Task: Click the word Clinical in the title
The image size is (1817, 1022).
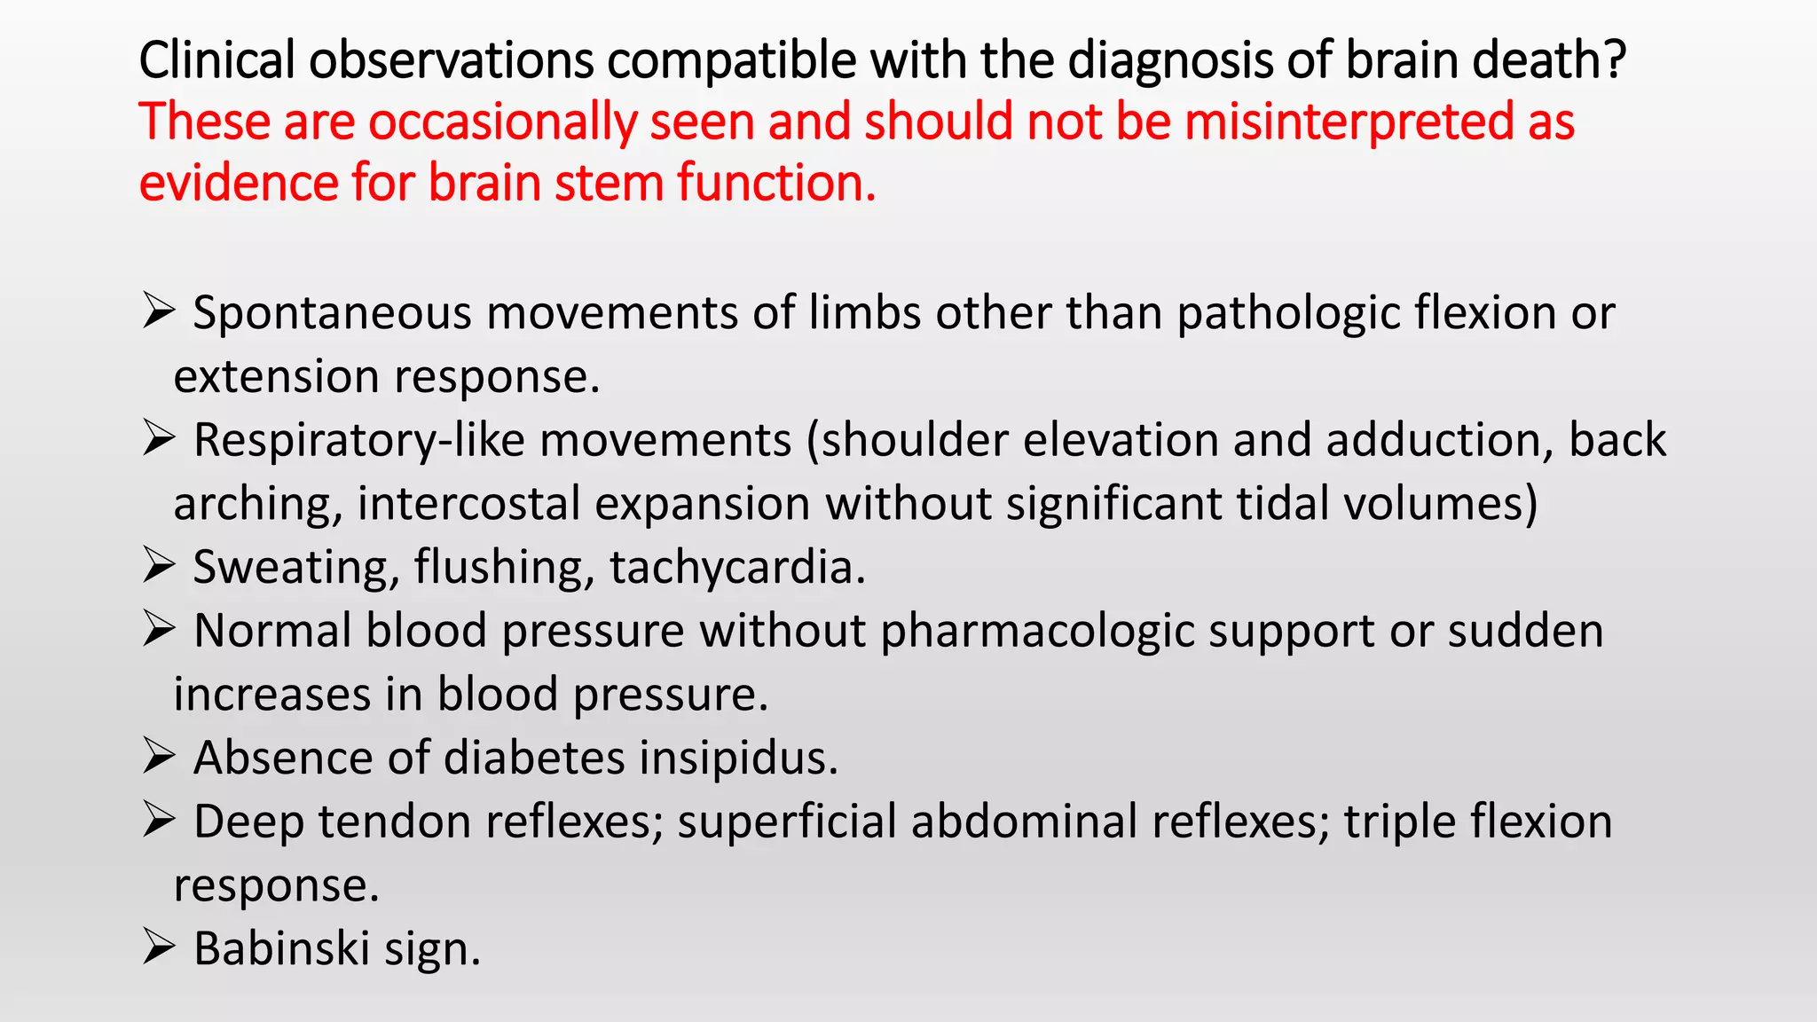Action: (x=216, y=60)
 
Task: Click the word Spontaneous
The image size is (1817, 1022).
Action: (x=332, y=313)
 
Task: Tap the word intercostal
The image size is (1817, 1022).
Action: (x=468, y=504)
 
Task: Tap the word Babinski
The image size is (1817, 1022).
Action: (x=281, y=948)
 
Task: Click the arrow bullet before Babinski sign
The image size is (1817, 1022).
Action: (x=158, y=947)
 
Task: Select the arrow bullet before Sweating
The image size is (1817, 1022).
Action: (x=158, y=566)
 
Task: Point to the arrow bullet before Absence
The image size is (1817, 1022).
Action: (x=158, y=757)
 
